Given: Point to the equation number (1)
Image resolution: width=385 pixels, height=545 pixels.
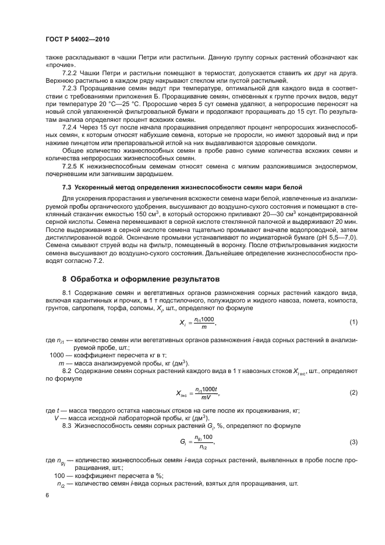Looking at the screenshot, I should pyautogui.click(x=353, y=323).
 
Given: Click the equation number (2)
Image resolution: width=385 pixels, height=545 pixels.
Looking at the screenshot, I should pyautogui.click(x=353, y=393).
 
